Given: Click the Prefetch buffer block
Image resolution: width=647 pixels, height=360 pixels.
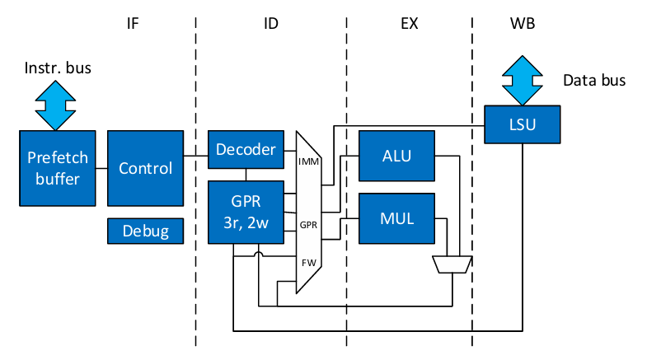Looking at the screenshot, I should pyautogui.click(x=54, y=168).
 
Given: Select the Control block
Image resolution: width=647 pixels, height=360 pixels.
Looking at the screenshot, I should pyautogui.click(x=145, y=168).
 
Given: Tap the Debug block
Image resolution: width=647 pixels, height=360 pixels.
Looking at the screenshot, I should pyautogui.click(x=145, y=231).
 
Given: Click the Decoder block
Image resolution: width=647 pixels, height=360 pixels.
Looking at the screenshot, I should pyautogui.click(x=246, y=150).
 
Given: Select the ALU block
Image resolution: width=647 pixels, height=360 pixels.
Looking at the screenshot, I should pyautogui.click(x=396, y=156).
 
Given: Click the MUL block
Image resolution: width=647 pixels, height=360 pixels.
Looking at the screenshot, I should pyautogui.click(x=396, y=219).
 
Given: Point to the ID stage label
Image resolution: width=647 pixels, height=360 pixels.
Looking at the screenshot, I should pyautogui.click(x=270, y=23).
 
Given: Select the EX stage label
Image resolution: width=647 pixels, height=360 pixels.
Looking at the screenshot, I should pyautogui.click(x=409, y=23).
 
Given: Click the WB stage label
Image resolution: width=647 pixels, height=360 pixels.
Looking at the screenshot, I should pyautogui.click(x=522, y=23).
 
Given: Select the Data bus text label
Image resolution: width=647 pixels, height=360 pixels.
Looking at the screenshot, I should pyautogui.click(x=593, y=81).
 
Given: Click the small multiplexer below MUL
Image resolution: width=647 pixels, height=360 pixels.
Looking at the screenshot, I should pyautogui.click(x=452, y=264).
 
